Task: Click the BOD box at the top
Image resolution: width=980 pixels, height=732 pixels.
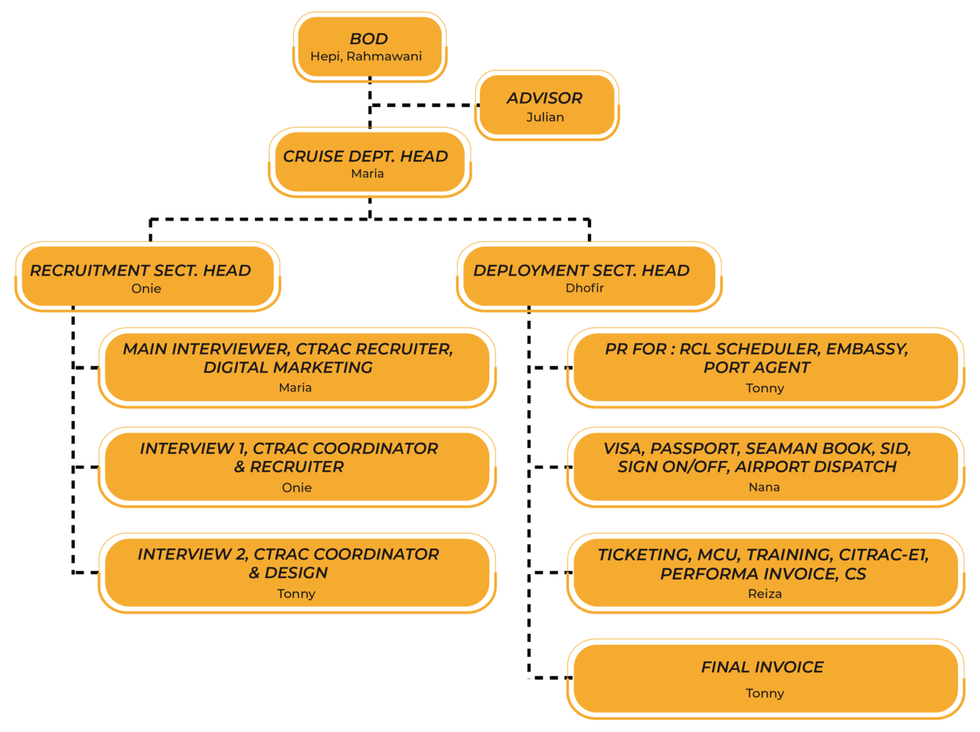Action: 369,47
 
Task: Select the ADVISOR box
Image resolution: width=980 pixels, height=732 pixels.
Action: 545,106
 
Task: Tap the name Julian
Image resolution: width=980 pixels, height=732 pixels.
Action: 545,117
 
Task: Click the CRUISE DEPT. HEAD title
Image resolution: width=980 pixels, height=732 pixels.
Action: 365,156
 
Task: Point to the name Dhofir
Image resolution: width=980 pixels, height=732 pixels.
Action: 585,288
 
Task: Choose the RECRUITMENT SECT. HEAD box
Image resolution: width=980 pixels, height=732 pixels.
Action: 147,276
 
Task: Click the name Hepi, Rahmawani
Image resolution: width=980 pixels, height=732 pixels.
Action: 366,56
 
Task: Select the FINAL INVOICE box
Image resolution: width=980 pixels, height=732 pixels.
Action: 764,678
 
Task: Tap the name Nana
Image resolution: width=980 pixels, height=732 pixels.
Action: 764,487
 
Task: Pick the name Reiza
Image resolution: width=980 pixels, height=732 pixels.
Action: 765,593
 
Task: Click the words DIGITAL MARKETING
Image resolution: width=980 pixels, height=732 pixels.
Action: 288,368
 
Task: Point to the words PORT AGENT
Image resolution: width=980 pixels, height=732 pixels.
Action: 756,368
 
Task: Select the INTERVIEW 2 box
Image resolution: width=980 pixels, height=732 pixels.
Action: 297,572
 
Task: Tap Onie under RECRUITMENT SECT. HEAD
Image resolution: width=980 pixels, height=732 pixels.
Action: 146,289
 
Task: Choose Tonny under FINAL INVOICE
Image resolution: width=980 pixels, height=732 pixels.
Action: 765,693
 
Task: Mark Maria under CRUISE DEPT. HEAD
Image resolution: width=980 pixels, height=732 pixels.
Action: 367,174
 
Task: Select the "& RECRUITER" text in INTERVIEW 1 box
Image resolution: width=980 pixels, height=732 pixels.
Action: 289,467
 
